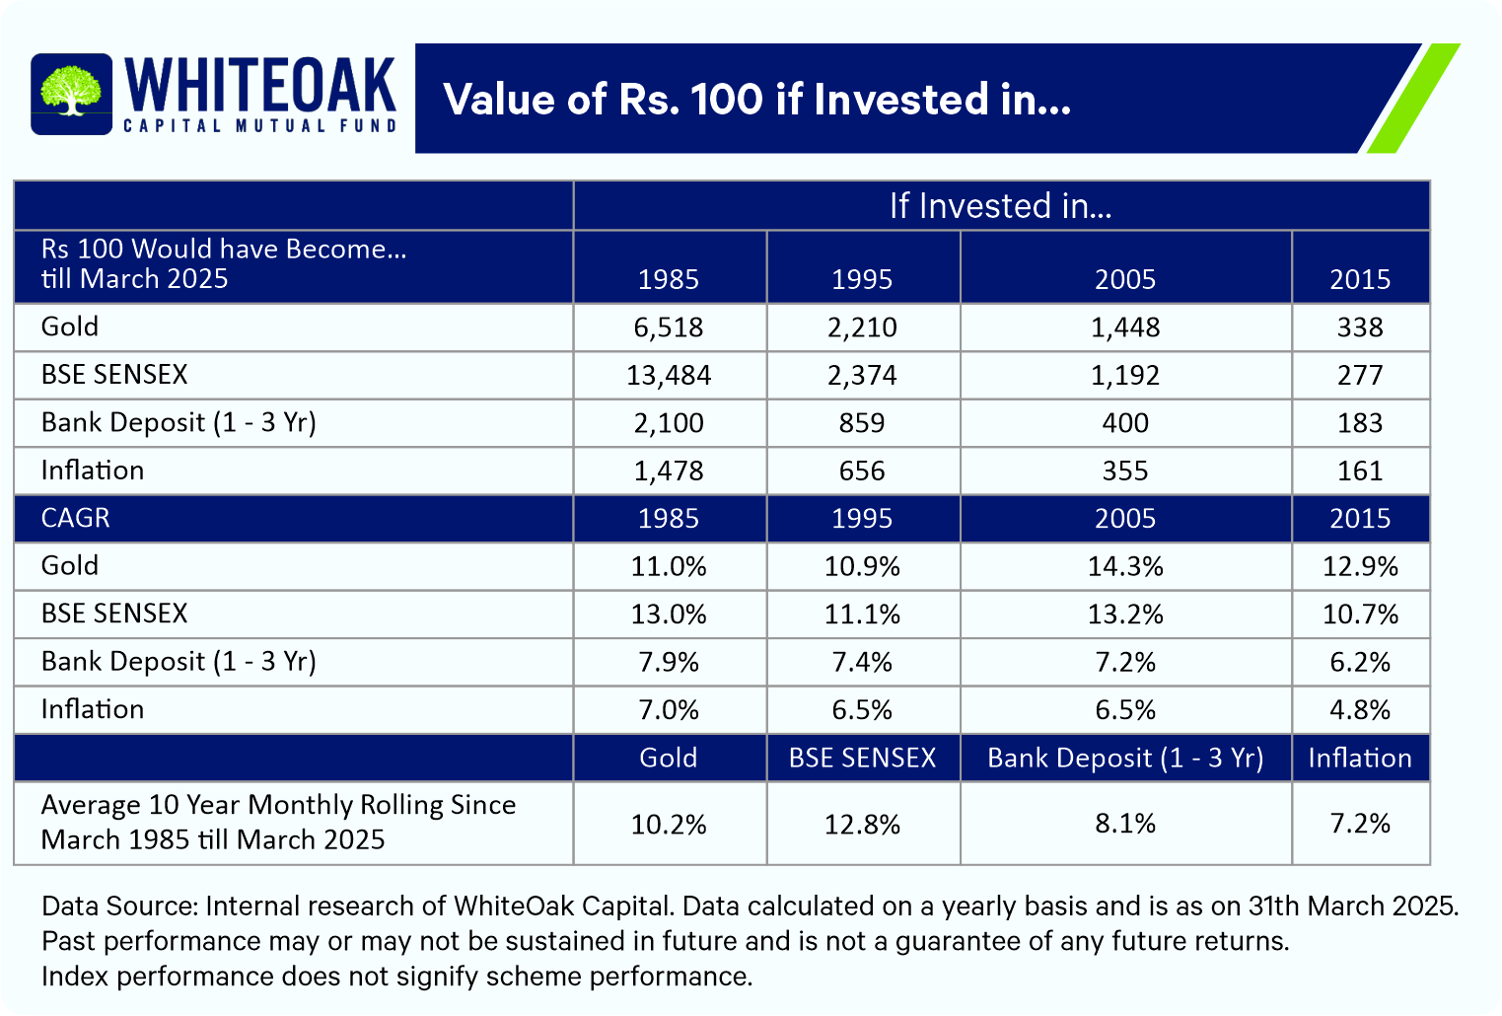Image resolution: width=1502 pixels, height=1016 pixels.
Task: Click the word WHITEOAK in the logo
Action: (x=260, y=85)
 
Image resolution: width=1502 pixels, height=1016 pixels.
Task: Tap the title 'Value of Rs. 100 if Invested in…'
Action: (x=756, y=100)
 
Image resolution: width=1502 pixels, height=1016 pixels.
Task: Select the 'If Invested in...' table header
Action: (x=1000, y=206)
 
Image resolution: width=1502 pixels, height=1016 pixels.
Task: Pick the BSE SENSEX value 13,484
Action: (x=669, y=375)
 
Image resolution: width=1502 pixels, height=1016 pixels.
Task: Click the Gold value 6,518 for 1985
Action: (x=669, y=327)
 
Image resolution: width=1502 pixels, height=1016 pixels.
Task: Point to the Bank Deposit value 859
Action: (x=862, y=423)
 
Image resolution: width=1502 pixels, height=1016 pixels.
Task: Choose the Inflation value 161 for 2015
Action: (x=1359, y=471)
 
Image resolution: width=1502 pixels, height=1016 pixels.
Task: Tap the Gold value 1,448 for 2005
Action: (x=1124, y=327)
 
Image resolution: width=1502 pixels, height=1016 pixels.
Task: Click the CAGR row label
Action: (x=76, y=519)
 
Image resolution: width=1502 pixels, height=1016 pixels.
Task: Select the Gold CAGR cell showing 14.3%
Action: (x=1124, y=566)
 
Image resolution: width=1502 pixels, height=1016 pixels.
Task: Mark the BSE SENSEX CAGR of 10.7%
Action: (x=1359, y=615)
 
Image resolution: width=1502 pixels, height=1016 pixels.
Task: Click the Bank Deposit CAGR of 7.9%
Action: (x=669, y=662)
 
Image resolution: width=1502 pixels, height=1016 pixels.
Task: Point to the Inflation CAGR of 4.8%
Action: (x=1359, y=710)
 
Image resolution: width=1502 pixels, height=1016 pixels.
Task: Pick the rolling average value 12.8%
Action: (x=862, y=824)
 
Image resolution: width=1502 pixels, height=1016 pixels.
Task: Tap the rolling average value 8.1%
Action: (x=1124, y=824)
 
